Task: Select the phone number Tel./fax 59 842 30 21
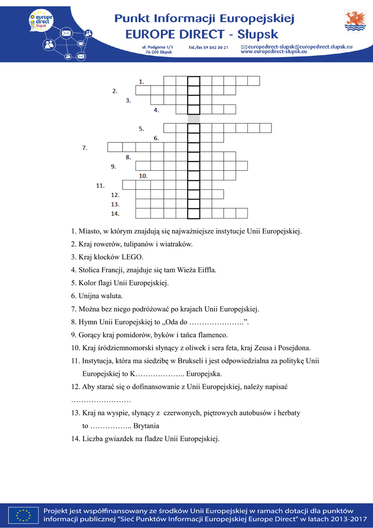[209, 47]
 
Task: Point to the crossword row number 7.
[85, 148]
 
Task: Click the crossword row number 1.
[142, 81]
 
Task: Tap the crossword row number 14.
[115, 213]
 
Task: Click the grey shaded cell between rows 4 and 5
[193, 119]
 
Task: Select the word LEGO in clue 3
[133, 257]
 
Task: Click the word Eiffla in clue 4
[207, 270]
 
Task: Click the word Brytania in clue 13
[146, 426]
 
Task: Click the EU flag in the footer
[23, 514]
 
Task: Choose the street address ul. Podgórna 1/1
[158, 47]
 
